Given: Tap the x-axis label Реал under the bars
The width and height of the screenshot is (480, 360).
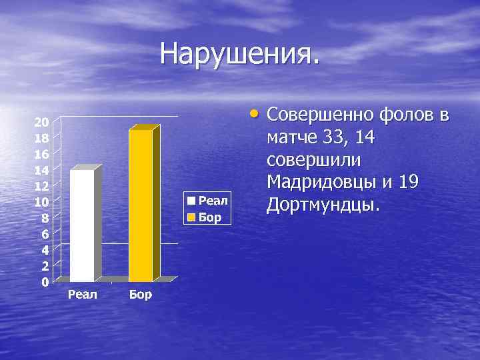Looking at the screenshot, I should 83,294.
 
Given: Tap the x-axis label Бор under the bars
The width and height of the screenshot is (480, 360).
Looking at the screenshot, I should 141,294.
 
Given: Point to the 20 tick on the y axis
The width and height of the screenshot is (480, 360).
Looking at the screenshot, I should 41,122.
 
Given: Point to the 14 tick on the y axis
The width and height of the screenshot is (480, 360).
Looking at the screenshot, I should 41,170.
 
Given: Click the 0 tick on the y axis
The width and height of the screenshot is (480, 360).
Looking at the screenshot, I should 45,282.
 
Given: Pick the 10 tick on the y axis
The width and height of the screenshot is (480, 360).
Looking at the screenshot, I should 41,202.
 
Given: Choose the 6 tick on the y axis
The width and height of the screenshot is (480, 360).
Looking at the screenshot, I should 45,234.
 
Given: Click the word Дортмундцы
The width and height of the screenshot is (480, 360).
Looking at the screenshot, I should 323,205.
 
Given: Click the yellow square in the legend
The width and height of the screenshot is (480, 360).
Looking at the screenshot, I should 191,217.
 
